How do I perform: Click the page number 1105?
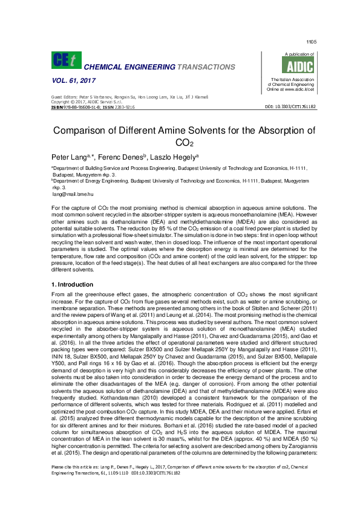click(x=312, y=42)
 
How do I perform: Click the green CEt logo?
click(x=66, y=60)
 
